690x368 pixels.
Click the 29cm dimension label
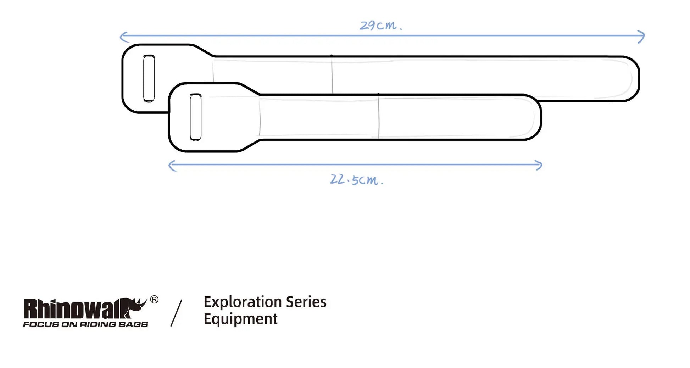(381, 25)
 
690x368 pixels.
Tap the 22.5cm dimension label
(357, 179)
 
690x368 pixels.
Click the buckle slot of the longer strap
(149, 78)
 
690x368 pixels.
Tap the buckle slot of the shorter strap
(196, 117)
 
